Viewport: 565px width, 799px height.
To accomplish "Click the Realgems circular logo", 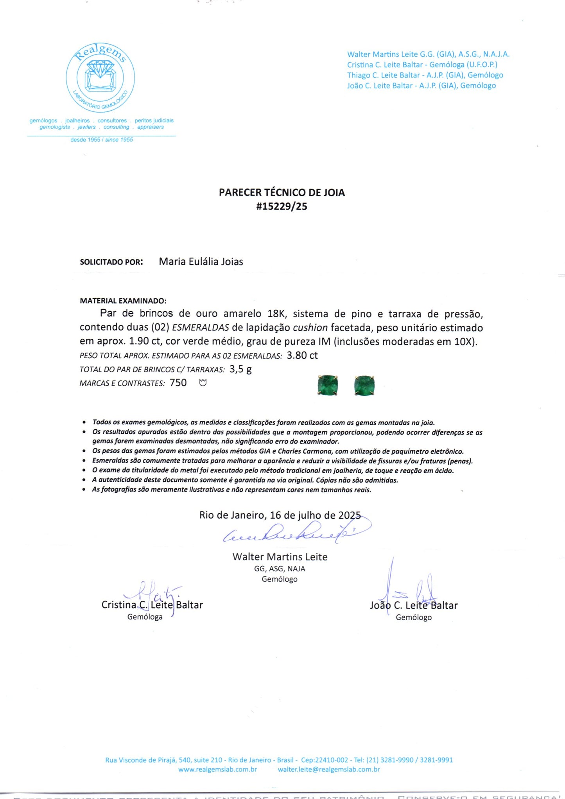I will point(100,77).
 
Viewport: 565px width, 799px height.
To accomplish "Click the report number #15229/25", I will point(282,206).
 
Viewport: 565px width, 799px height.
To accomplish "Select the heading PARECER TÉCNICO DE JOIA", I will point(282,192).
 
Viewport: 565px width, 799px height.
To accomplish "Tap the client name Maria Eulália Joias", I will point(201,262).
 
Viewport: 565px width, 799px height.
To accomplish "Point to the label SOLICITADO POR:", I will point(111,262).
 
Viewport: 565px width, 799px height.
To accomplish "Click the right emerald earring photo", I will point(364,385).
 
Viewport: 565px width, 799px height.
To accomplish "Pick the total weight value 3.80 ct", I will point(302,356).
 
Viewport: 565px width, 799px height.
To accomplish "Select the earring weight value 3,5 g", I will point(240,369).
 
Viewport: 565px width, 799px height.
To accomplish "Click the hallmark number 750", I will point(178,383).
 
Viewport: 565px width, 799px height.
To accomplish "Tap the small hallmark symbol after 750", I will point(203,382).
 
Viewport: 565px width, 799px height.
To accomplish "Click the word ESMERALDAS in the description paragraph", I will point(200,328).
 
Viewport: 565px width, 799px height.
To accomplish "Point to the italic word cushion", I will point(310,328).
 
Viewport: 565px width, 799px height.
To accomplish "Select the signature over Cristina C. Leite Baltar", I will point(154,594).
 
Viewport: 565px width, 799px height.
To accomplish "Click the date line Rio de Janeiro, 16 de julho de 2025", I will point(280,515).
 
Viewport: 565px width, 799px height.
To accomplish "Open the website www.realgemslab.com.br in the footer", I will point(217,769).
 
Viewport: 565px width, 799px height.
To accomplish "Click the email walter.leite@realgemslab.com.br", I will point(329,769).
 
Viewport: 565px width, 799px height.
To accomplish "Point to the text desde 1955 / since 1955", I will point(102,140).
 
